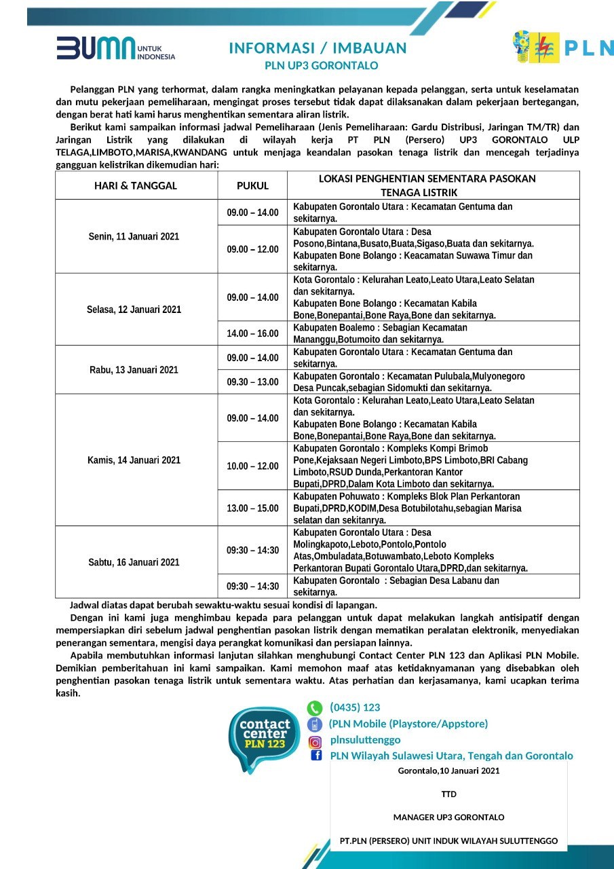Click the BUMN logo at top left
(115, 49)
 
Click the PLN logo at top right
(562, 48)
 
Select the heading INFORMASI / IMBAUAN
(318, 48)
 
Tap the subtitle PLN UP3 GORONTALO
(321, 66)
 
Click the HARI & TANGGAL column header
(136, 185)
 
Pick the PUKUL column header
(252, 185)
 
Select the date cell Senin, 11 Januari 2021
(134, 236)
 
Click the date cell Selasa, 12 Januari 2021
(134, 310)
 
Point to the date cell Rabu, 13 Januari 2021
(134, 370)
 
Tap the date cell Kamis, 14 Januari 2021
(134, 460)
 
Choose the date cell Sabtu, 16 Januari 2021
(134, 562)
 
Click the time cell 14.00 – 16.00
(252, 333)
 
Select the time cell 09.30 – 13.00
(252, 382)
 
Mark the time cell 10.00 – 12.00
(252, 466)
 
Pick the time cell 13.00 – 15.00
(252, 508)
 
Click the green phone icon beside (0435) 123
(315, 708)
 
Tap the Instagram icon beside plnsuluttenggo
(315, 741)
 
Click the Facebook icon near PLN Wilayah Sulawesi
(316, 756)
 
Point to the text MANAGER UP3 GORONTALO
(448, 817)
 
